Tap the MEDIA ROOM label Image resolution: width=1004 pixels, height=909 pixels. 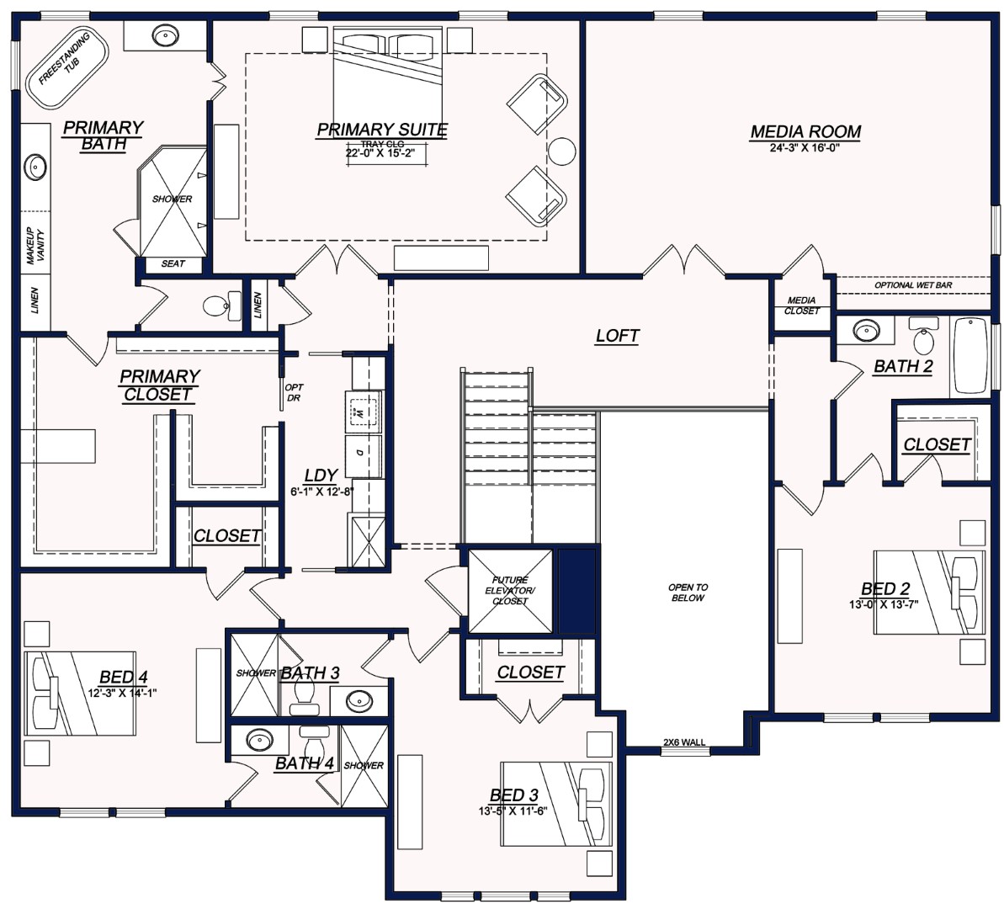(x=805, y=131)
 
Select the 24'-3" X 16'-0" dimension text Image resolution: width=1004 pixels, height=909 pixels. (x=805, y=147)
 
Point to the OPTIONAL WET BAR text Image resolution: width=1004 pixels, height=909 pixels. (x=913, y=285)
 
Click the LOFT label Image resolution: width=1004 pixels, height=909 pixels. (x=617, y=336)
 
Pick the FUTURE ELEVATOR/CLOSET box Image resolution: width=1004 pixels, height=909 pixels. (x=510, y=591)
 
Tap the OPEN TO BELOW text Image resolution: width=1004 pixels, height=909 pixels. (x=688, y=593)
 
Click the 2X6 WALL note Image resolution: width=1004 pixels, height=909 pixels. (x=684, y=742)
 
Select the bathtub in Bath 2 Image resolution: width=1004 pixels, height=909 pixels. (x=972, y=355)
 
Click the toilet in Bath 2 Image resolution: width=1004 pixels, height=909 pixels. (x=924, y=338)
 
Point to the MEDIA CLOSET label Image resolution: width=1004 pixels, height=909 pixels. (x=801, y=306)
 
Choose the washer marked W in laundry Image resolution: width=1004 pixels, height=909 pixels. (x=361, y=412)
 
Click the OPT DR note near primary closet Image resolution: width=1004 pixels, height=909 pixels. (x=294, y=392)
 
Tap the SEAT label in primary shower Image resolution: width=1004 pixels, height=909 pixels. (x=173, y=264)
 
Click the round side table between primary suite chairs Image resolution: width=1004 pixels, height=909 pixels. (x=561, y=151)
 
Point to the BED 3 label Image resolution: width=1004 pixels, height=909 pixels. (x=513, y=795)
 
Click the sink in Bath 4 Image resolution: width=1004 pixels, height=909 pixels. (x=258, y=742)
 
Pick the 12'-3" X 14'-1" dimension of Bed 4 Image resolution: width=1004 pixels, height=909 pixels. (x=123, y=694)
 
